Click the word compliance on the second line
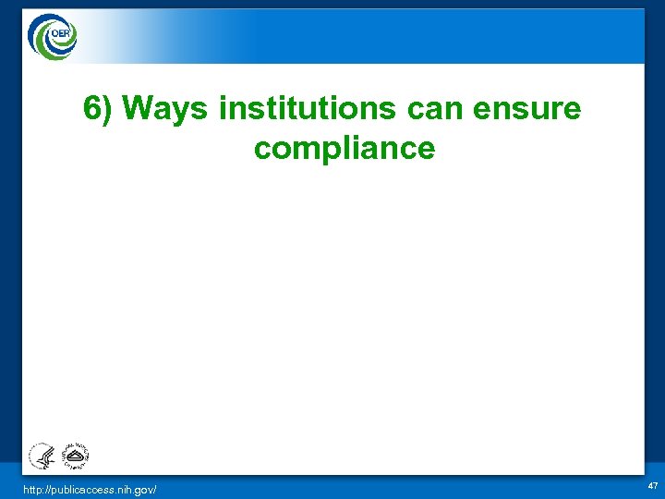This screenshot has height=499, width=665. coord(344,148)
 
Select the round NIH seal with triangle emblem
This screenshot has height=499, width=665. coord(72,456)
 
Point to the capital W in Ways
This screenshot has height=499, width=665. coord(139,109)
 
